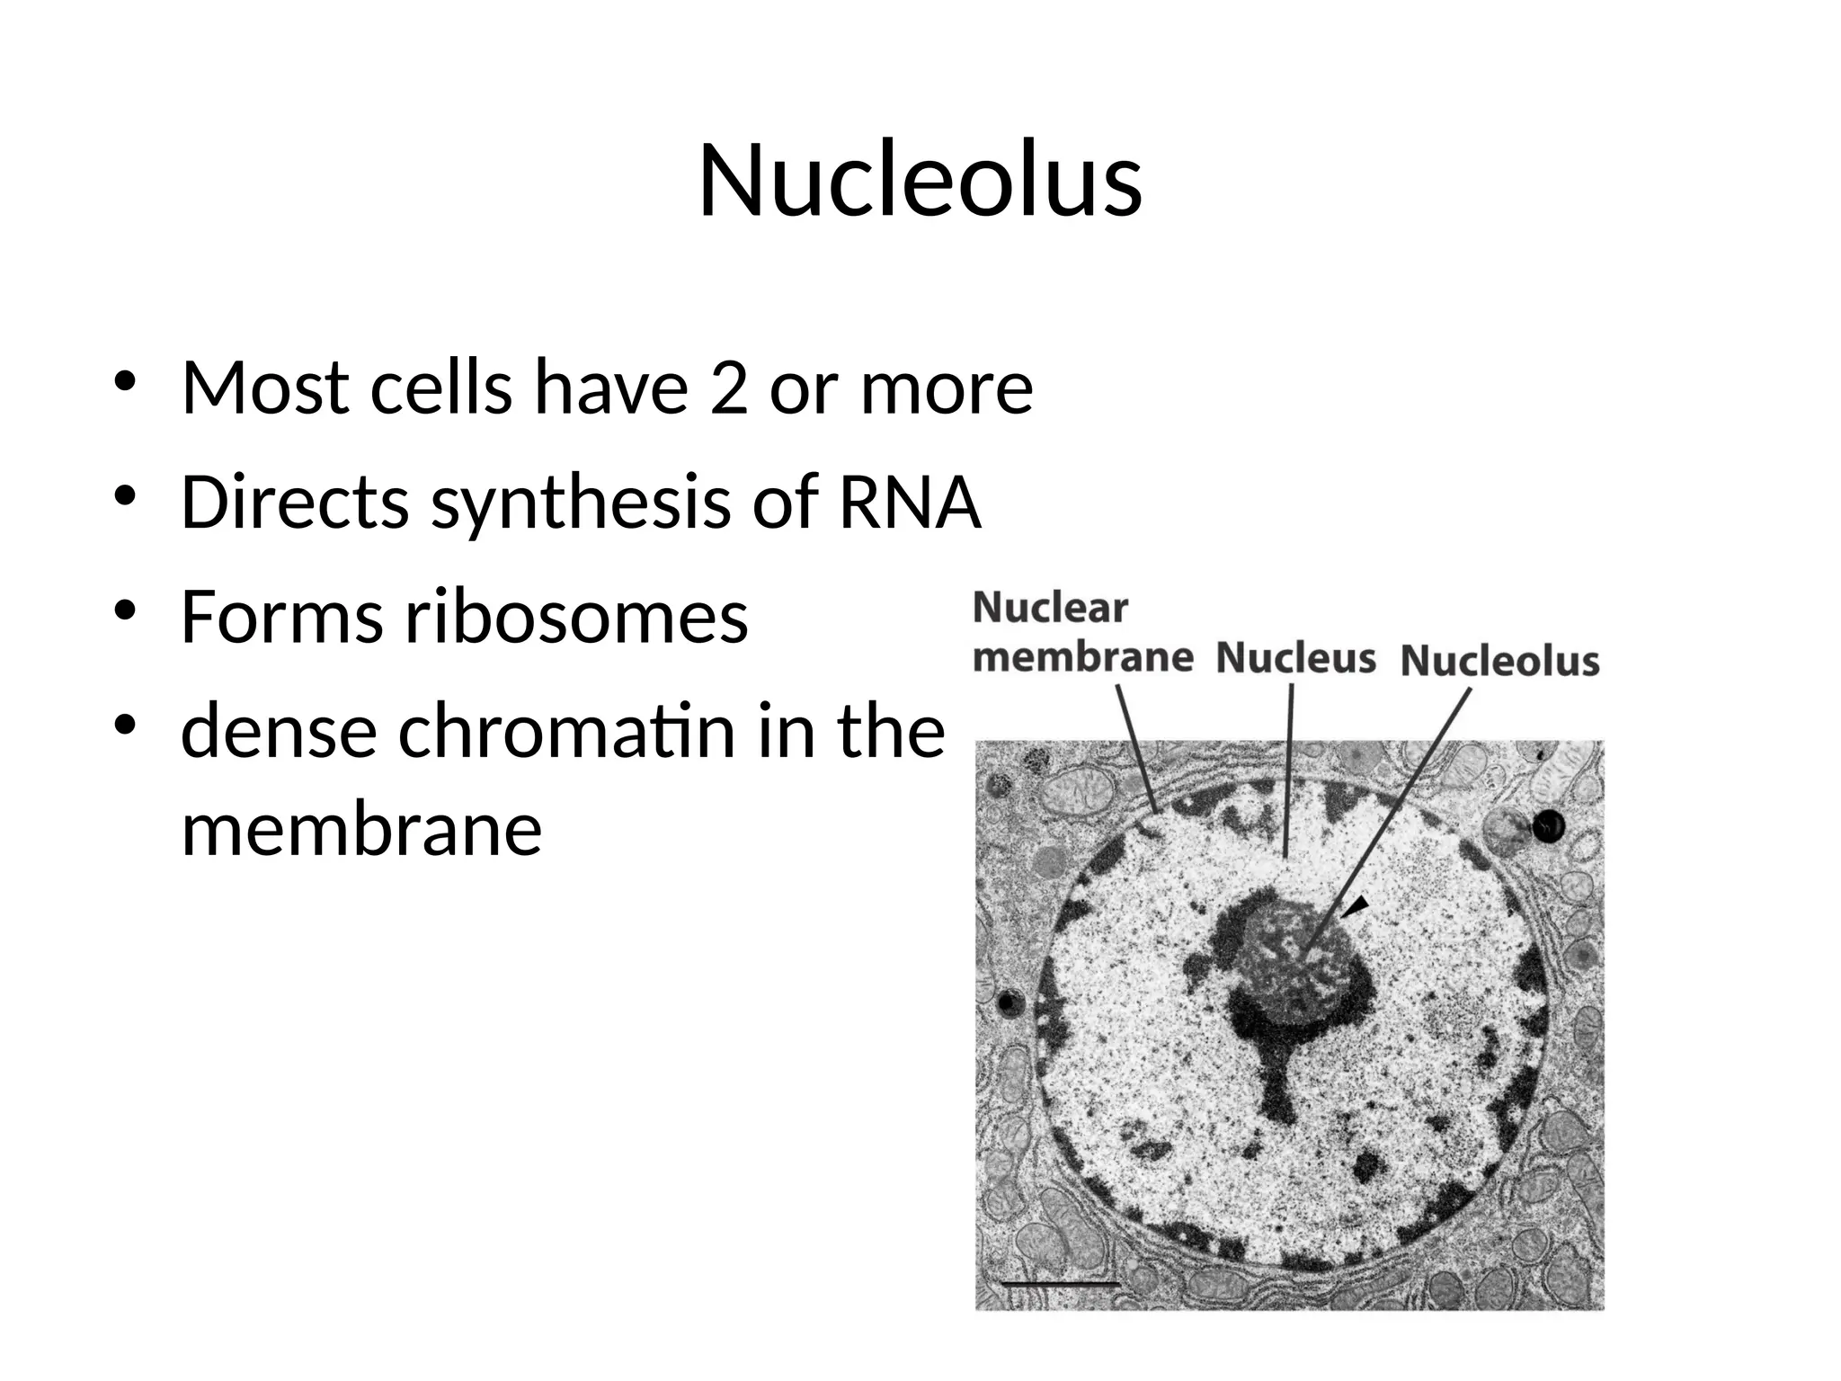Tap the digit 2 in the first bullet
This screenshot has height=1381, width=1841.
(x=728, y=388)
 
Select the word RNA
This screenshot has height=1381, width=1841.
(x=909, y=502)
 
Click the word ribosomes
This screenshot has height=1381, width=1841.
(x=576, y=619)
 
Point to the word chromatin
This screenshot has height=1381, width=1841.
(x=566, y=732)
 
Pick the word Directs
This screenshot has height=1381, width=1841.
(x=295, y=502)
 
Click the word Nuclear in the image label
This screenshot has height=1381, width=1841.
(x=1049, y=608)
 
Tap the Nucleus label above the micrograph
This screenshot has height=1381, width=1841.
(x=1295, y=657)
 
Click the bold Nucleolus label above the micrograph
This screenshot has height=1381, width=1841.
(x=1499, y=661)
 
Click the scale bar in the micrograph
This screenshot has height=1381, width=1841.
(x=1061, y=1282)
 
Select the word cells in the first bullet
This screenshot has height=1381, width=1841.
(x=440, y=388)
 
